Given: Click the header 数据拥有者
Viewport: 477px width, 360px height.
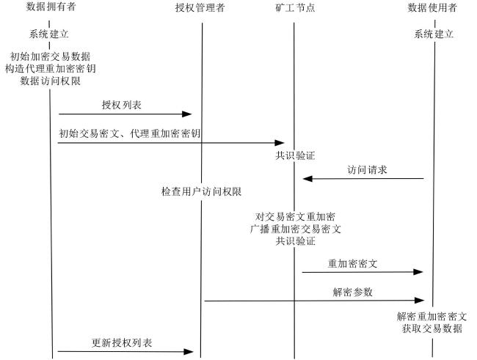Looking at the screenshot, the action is [x=51, y=7].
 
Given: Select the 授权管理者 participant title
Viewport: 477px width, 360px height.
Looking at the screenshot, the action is [x=200, y=7].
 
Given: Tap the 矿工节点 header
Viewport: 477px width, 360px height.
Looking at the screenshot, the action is [x=295, y=7].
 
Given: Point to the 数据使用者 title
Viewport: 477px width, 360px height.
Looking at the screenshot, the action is [x=432, y=7].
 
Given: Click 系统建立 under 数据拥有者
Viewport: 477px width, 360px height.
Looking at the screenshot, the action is [x=49, y=34].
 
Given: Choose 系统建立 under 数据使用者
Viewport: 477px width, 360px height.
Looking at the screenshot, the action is [x=434, y=34].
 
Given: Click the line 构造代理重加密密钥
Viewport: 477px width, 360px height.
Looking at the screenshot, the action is [x=51, y=69].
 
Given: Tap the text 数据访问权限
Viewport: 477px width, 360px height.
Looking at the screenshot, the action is [x=51, y=81].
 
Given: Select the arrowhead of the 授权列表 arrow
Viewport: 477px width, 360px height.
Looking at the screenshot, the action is [x=187, y=114].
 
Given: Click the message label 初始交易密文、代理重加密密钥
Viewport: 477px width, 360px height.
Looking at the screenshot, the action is [x=130, y=133].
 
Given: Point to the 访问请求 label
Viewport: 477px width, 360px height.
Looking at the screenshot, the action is [x=367, y=169].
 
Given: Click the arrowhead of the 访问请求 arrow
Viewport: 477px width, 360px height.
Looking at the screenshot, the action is [x=307, y=178].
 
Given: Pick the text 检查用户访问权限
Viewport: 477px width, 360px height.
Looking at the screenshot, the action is [x=201, y=191].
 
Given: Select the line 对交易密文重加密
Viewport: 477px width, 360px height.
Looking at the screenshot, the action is [x=295, y=217].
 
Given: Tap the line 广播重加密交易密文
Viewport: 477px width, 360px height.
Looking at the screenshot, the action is [x=296, y=229].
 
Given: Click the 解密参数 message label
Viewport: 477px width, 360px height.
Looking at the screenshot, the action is [x=353, y=293].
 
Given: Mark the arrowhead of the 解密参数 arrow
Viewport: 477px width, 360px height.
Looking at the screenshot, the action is [x=420, y=301].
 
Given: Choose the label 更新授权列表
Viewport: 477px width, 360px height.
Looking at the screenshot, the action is [x=122, y=342].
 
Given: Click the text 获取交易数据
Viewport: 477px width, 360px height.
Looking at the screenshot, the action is [x=432, y=328].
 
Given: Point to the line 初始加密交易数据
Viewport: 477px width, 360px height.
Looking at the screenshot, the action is [x=51, y=56].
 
